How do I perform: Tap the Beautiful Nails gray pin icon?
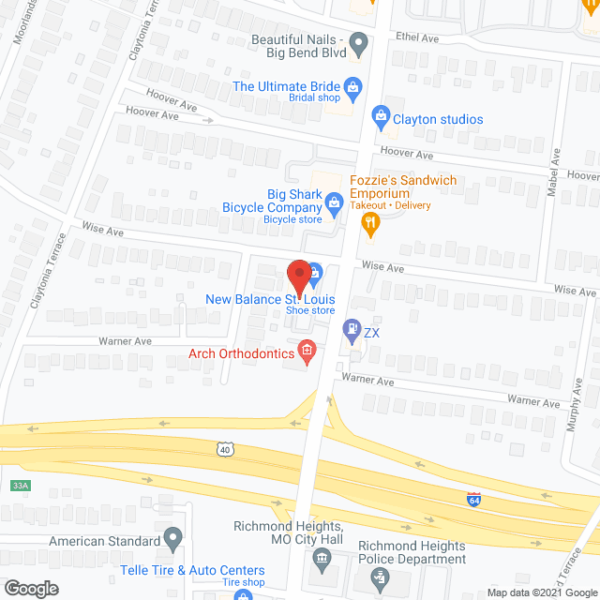pos(357,42)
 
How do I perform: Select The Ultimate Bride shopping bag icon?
pos(352,87)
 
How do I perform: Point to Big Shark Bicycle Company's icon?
pos(334,201)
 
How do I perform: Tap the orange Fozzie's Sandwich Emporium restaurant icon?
pos(370,222)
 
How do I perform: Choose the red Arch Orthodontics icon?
pos(306,352)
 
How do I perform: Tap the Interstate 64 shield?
pos(474,498)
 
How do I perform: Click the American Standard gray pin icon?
pos(172,539)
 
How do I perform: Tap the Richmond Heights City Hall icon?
pos(321,561)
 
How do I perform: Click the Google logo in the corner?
pos(31,589)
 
